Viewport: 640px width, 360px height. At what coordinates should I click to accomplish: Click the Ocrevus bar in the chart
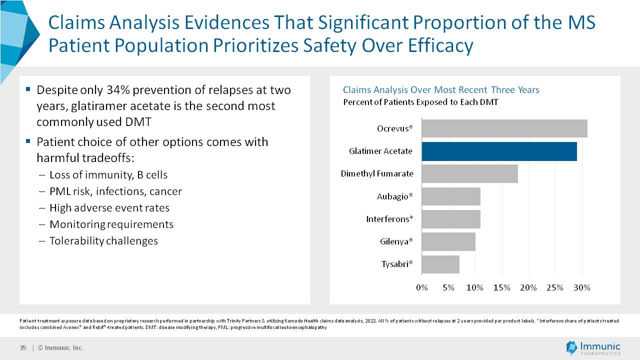pyautogui.click(x=504, y=128)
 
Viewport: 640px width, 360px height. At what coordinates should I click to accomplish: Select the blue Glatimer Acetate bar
pyautogui.click(x=499, y=151)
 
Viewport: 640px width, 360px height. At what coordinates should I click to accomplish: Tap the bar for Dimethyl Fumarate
pyautogui.click(x=469, y=173)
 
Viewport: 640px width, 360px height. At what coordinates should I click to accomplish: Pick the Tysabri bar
pyautogui.click(x=440, y=264)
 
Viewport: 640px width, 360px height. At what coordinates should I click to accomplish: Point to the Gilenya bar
pyautogui.click(x=448, y=241)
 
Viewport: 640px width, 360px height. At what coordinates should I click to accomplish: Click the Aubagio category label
pyautogui.click(x=395, y=196)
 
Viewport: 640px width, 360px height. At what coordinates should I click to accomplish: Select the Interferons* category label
pyautogui.click(x=389, y=219)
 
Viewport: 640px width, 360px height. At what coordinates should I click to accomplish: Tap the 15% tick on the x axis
pyautogui.click(x=501, y=287)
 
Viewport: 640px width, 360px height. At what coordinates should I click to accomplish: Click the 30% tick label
pyautogui.click(x=582, y=287)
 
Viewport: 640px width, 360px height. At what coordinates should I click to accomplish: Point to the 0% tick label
pyautogui.click(x=422, y=287)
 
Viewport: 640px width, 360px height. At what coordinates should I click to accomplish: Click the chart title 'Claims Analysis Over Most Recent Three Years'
pyautogui.click(x=441, y=90)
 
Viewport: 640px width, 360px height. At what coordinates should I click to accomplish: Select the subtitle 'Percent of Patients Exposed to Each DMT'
pyautogui.click(x=420, y=102)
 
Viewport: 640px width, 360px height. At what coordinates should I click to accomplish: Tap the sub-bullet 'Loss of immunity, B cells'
pyautogui.click(x=108, y=175)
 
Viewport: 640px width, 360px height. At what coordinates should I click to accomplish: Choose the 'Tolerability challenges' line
pyautogui.click(x=103, y=241)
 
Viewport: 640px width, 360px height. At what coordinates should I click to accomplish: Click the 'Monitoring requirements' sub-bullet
pyautogui.click(x=111, y=224)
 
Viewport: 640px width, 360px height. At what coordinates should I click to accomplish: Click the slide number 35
pyautogui.click(x=23, y=348)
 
